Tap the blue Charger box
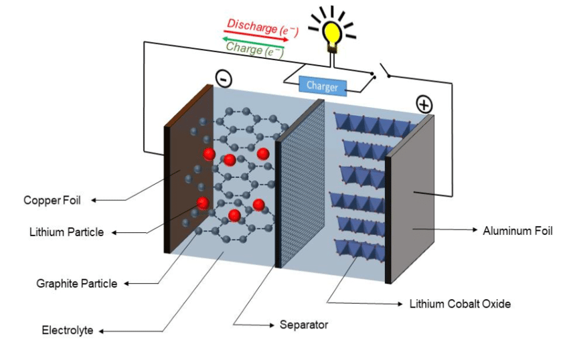click(x=322, y=86)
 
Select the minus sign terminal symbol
click(x=224, y=78)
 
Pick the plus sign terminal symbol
click(x=423, y=104)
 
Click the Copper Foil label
click(x=51, y=200)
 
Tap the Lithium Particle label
click(x=66, y=232)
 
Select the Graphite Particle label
click(x=76, y=283)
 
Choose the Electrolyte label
click(x=67, y=330)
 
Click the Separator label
click(x=303, y=325)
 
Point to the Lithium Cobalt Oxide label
click(x=460, y=304)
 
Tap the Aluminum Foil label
click(x=517, y=231)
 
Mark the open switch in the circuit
click(x=386, y=70)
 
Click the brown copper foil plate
click(x=189, y=174)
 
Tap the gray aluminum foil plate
click(x=412, y=201)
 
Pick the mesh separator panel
click(x=299, y=181)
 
